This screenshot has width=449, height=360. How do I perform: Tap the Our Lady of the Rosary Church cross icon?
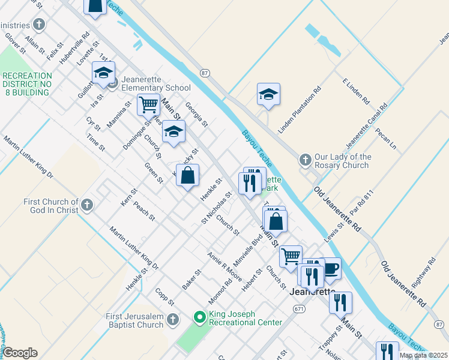click(x=305, y=160)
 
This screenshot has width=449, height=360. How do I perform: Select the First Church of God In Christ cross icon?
click(x=87, y=205)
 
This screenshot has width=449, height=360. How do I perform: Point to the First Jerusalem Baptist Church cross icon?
click(x=173, y=319)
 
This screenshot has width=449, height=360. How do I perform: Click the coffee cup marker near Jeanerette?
click(x=331, y=268)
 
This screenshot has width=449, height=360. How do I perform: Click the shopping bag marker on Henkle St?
click(x=188, y=175)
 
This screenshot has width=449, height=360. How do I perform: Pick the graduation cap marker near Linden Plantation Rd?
click(x=268, y=94)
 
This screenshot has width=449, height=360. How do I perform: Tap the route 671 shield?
click(x=299, y=308)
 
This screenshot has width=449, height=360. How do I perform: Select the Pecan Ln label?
click(x=386, y=138)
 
